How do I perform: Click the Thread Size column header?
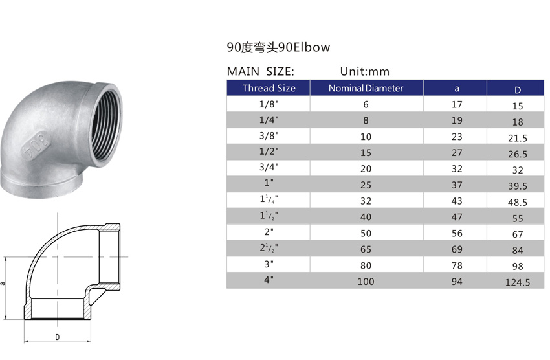coord(269,88)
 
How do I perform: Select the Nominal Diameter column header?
coord(366,88)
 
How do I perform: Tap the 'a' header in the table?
coord(457,89)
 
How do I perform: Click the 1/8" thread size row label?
coord(269,104)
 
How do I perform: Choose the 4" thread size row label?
coord(269,280)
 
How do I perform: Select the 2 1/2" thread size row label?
coord(269,247)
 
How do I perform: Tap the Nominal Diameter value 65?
coord(366,249)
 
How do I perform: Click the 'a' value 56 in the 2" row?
coord(457,232)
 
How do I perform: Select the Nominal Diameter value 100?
coord(366,281)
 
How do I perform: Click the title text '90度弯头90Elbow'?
coord(278,47)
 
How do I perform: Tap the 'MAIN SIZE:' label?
coord(260,71)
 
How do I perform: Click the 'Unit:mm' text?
coord(365,71)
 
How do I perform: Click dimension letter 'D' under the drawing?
coord(57,337)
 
